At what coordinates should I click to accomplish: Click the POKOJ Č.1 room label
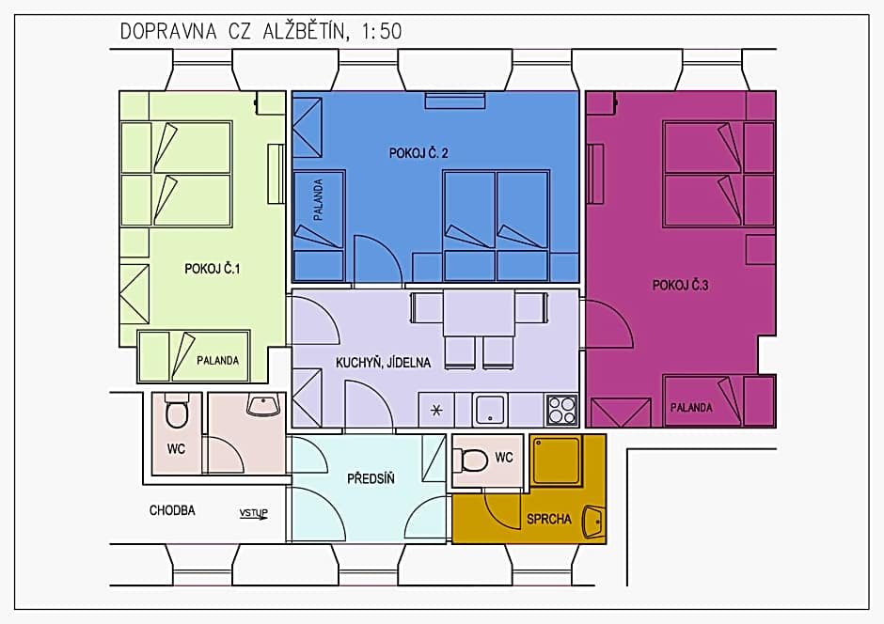(x=213, y=269)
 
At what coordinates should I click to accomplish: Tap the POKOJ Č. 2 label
(x=418, y=153)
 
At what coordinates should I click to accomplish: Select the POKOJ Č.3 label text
(x=680, y=286)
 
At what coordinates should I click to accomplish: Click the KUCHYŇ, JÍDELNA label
(x=383, y=363)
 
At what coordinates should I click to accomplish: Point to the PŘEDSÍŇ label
(x=371, y=478)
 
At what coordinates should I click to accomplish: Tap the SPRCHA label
(x=548, y=518)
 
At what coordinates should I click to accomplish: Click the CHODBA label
(x=172, y=511)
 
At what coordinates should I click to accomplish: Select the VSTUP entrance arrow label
(x=253, y=513)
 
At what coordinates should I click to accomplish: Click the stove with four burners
(x=561, y=410)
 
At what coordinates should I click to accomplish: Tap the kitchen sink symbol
(x=490, y=410)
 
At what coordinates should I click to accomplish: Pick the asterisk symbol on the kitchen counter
(x=435, y=410)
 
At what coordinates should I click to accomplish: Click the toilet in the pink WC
(x=177, y=413)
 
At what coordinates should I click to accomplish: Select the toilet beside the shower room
(x=473, y=460)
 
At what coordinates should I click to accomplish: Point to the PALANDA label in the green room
(x=217, y=360)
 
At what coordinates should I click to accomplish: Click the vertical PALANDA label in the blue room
(x=319, y=199)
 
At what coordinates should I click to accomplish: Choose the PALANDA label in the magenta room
(x=691, y=408)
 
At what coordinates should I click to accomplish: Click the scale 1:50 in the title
(x=381, y=31)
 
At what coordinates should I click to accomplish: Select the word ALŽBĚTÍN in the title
(x=298, y=31)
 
